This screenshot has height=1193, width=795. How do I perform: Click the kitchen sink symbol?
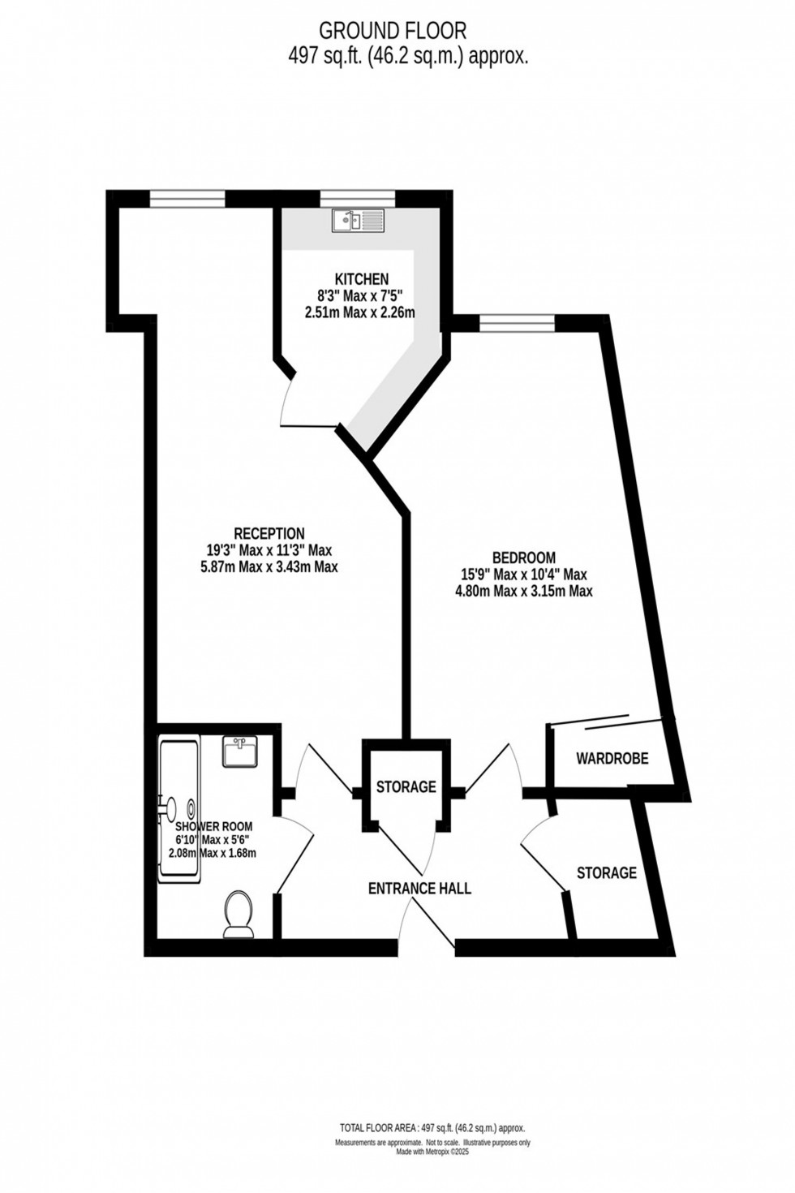pos(357,219)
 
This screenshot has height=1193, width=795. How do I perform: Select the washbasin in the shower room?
pos(240,752)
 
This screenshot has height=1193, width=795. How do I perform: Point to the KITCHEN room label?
pos(360,279)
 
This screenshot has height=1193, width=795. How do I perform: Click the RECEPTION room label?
pos(269,533)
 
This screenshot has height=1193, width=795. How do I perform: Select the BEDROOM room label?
pos(524,558)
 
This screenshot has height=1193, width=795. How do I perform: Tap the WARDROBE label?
pos(612,759)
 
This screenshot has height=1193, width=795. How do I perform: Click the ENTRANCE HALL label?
pos(419,888)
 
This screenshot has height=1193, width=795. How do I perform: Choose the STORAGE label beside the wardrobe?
pos(607,872)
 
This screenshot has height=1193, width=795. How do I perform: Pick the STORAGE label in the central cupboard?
pos(406,786)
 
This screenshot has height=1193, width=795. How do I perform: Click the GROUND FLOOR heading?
pos(393,31)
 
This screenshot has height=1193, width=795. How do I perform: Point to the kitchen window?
pos(358,196)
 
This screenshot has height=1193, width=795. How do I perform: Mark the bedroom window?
pos(518,324)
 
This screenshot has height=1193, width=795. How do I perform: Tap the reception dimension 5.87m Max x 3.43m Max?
pos(269,567)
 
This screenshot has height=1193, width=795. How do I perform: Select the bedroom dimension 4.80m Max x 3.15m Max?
pos(524,592)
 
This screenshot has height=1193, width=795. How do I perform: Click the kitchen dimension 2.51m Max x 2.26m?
pos(360,312)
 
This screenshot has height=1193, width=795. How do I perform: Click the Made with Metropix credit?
pos(432,1151)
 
